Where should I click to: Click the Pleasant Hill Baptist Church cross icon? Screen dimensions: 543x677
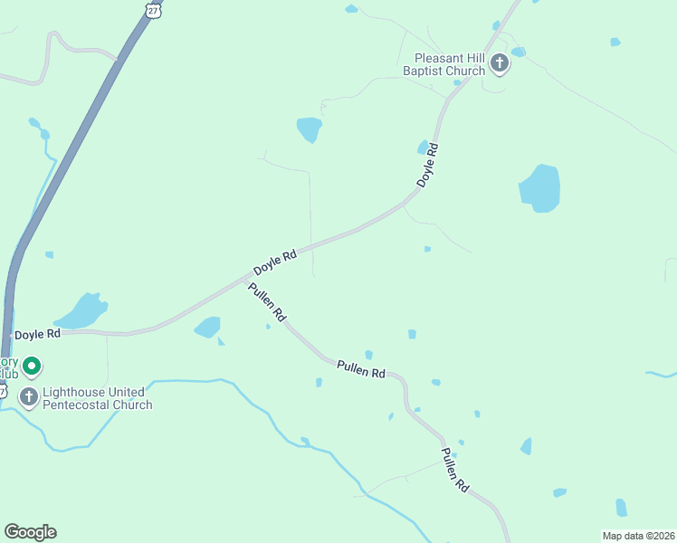point(499,63)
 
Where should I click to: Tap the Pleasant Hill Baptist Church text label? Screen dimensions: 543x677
point(445,63)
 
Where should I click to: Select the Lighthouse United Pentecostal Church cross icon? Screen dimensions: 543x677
point(29,397)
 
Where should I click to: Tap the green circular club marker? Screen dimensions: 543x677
point(32,367)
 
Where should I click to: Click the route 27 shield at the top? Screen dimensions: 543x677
point(153,9)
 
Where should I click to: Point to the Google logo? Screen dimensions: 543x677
point(30,532)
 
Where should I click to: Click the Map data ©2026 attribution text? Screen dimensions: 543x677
point(638,536)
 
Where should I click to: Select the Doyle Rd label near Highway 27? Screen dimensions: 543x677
point(38,334)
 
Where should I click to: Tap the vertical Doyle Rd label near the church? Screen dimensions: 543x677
point(428,166)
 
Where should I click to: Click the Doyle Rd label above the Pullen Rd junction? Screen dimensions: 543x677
point(275,263)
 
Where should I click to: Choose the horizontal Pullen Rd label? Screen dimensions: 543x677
point(361,370)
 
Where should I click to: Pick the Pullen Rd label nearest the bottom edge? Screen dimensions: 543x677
point(454,470)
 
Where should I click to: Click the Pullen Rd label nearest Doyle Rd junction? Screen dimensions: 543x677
point(267,303)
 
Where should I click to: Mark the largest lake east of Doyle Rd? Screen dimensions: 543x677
point(539,188)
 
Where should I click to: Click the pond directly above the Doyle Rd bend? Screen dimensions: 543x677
point(310,129)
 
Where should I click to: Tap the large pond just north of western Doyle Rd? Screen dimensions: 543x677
point(82,311)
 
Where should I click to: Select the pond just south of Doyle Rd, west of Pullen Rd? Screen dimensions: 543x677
point(207,327)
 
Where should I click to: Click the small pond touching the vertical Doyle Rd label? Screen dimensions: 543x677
point(423,147)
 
